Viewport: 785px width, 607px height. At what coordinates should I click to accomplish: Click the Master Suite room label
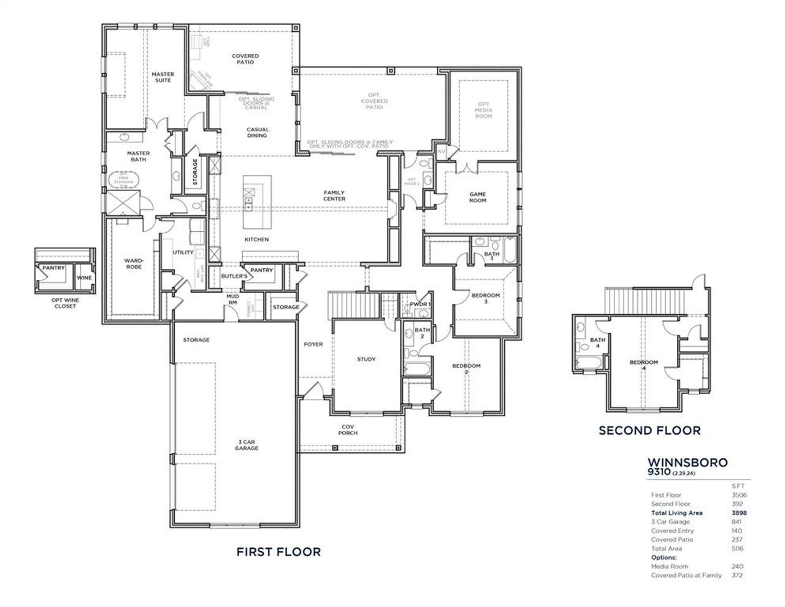[x=163, y=77]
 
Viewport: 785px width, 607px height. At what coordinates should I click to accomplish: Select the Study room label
[x=366, y=359]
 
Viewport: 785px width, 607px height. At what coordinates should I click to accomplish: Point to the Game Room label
[x=478, y=197]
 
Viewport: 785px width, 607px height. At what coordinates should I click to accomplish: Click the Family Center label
[x=334, y=195]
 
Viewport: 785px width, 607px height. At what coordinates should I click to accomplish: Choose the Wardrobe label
[x=134, y=263]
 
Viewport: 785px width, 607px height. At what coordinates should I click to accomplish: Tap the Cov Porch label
[x=349, y=430]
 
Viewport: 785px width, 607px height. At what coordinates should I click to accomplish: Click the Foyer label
[x=313, y=344]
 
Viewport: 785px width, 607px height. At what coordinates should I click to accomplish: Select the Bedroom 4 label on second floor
[x=643, y=362]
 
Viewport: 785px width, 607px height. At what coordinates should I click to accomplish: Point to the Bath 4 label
[x=597, y=343]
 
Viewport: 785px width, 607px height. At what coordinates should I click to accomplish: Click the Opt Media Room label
[x=483, y=110]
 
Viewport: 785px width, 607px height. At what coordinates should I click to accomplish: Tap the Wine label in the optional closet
[x=84, y=278]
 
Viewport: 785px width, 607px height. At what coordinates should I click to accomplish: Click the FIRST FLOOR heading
[x=278, y=552]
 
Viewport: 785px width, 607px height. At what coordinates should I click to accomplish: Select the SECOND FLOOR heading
[x=649, y=430]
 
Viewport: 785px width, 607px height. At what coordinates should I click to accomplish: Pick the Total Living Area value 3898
[x=738, y=512]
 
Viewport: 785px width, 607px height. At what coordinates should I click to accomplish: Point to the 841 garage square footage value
[x=738, y=522]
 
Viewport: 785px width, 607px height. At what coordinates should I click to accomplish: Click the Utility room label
[x=183, y=252]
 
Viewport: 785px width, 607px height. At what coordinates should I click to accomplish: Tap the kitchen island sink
[x=249, y=201]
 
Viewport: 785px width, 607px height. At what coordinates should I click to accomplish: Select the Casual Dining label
[x=258, y=133]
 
